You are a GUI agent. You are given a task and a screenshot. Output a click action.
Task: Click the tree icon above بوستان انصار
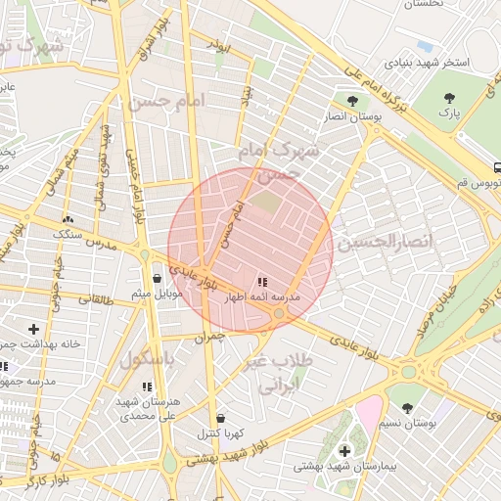pos(352,100)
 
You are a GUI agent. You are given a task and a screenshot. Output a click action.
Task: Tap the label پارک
pos(449,114)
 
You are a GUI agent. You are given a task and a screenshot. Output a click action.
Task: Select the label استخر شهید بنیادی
pos(430,63)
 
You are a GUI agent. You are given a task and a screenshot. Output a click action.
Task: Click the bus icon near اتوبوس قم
pos(497,167)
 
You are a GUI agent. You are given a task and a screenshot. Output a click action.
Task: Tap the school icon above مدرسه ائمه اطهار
pos(262,280)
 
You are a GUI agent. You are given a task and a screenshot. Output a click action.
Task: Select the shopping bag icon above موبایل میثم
pos(157,279)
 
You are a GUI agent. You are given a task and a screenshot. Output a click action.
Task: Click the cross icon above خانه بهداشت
pos(34,329)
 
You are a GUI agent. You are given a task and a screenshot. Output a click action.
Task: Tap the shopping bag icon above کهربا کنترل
pos(219,418)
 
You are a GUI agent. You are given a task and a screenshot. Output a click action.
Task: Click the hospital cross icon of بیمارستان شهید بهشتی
pos(344,450)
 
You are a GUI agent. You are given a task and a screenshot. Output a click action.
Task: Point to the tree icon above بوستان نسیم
pos(407,408)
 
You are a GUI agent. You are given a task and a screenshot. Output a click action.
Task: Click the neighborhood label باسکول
pos(147,360)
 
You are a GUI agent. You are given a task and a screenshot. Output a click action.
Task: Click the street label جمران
pos(210,338)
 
